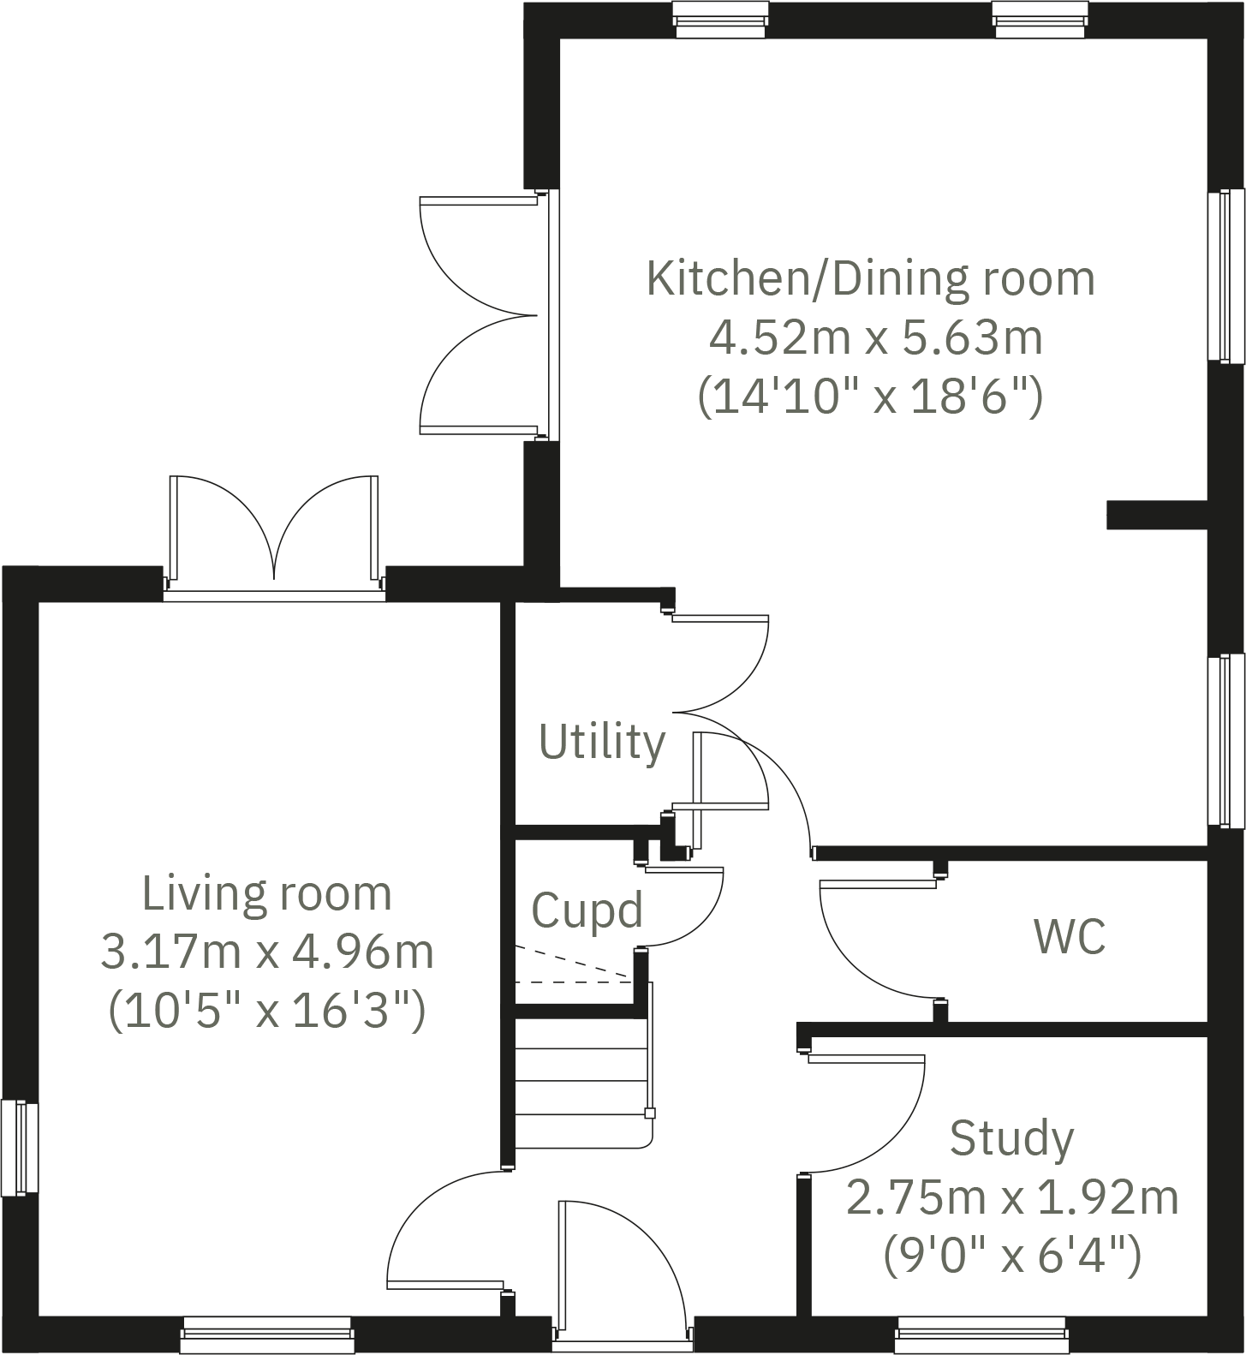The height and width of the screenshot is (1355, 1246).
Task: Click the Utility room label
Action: click(x=602, y=743)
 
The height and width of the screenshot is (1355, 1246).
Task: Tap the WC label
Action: click(x=1070, y=936)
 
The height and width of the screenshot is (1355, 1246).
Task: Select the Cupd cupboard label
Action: click(x=587, y=910)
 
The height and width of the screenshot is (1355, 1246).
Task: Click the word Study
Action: click(x=1011, y=1138)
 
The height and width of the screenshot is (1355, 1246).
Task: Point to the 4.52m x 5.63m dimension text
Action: click(x=875, y=337)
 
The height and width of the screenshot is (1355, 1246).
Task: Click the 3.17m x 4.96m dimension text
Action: click(x=267, y=952)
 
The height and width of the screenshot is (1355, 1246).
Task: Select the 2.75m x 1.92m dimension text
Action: click(x=1012, y=1197)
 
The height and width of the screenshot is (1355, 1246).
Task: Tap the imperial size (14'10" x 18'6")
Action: click(x=870, y=397)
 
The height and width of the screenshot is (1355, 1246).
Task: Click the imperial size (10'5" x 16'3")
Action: click(x=267, y=1012)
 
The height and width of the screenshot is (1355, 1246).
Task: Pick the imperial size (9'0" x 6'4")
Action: click(x=1012, y=1256)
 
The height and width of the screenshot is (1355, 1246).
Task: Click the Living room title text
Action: click(x=267, y=893)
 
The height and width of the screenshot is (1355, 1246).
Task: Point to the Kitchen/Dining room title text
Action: click(x=870, y=278)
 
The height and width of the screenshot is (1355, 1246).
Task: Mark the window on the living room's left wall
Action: click(x=19, y=1148)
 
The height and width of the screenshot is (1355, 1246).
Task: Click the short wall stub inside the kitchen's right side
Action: click(x=1156, y=515)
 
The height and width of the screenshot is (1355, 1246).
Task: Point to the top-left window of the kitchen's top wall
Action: click(x=719, y=19)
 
